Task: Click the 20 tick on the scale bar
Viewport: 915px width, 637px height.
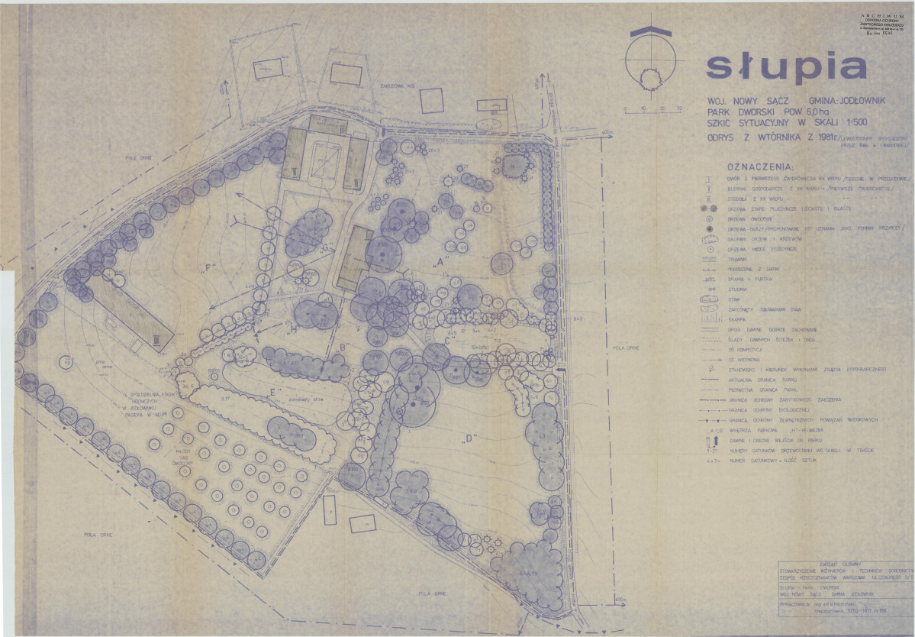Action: (x=661, y=109)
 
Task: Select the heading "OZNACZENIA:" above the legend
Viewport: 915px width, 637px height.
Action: (x=760, y=167)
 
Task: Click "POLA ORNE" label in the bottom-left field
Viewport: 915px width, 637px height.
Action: (x=100, y=535)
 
